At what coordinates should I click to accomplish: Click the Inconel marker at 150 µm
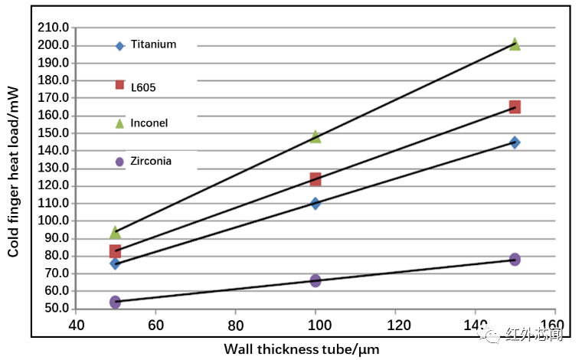tap(515, 44)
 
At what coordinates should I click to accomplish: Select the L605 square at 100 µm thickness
tap(316, 179)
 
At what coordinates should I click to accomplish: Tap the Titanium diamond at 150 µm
tap(515, 142)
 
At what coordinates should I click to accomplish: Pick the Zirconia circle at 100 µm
tap(316, 281)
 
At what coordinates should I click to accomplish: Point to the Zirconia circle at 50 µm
tap(115, 303)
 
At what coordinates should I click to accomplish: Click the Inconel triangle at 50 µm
tap(115, 232)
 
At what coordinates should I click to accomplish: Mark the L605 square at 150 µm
tap(515, 107)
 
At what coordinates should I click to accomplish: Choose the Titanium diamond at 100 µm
tap(316, 204)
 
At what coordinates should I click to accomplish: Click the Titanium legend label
tap(153, 44)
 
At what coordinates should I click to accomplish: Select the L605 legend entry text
tap(143, 87)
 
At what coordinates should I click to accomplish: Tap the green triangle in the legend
tap(119, 123)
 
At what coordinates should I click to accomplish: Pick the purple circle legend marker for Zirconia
tap(119, 162)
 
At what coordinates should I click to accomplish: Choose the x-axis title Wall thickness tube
tap(301, 349)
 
